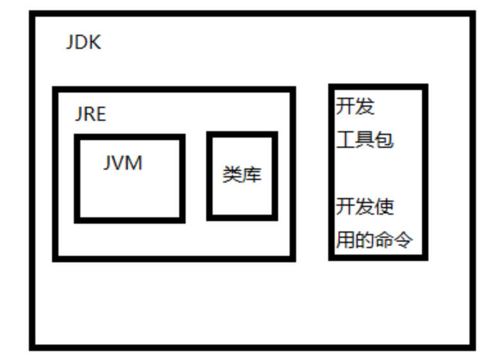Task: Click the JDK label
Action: click(x=83, y=43)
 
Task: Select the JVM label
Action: click(x=123, y=163)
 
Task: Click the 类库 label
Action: click(x=242, y=174)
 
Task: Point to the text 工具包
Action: click(x=364, y=139)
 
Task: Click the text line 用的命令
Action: click(x=374, y=240)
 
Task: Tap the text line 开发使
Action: click(x=364, y=207)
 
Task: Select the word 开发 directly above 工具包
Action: click(x=355, y=106)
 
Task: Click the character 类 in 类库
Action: click(x=233, y=174)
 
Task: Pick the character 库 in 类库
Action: click(x=252, y=174)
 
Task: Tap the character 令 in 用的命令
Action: click(x=403, y=240)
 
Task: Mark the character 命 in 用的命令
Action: click(x=383, y=240)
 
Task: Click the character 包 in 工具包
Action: click(x=383, y=139)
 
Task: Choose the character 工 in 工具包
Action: click(x=345, y=139)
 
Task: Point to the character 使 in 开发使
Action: click(x=383, y=207)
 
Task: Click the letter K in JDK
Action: click(x=94, y=43)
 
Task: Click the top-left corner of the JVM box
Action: click(x=77, y=137)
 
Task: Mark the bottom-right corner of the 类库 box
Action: click(x=275, y=217)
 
